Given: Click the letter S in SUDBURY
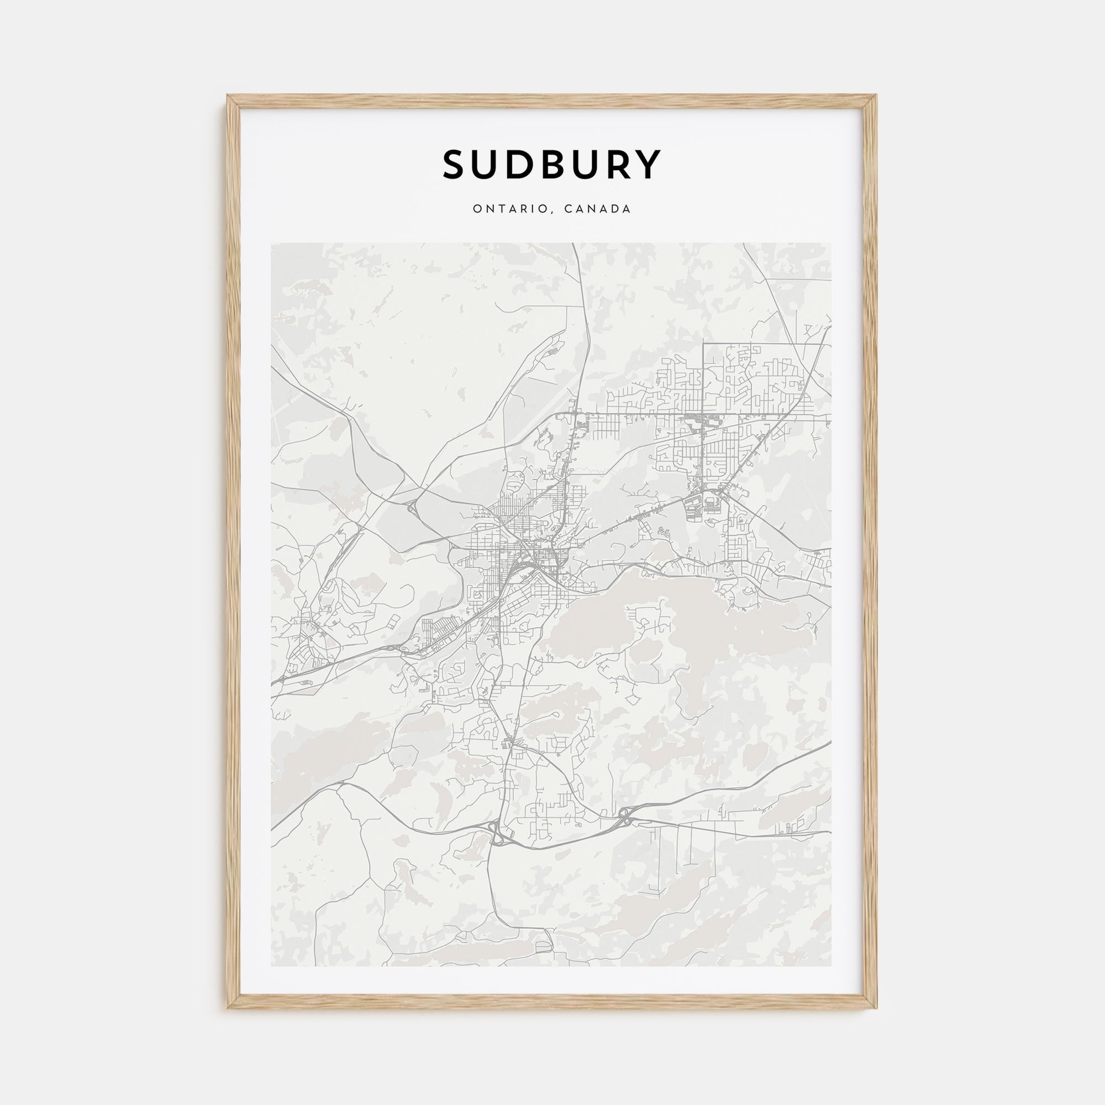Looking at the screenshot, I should click(x=456, y=165).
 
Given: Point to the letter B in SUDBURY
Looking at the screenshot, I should click(x=559, y=165).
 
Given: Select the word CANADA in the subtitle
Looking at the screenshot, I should click(x=598, y=209).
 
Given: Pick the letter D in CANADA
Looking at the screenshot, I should click(x=615, y=209).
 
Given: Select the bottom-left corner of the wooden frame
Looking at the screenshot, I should click(x=228, y=1008).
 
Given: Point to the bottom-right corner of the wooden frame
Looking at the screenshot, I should click(x=876, y=1008).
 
